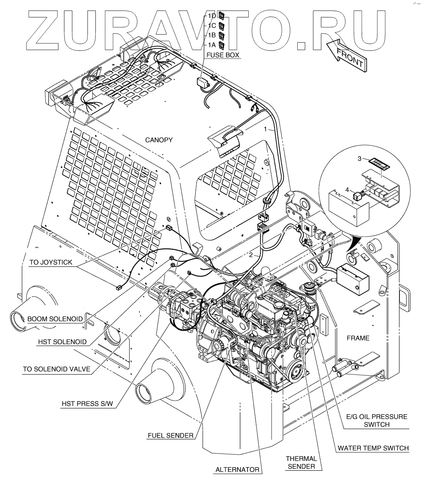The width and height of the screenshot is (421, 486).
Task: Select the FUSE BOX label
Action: click(x=224, y=55)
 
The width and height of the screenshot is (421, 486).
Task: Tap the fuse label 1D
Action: click(x=212, y=16)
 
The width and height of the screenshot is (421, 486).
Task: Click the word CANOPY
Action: click(x=159, y=140)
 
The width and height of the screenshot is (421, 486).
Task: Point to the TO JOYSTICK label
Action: click(x=51, y=262)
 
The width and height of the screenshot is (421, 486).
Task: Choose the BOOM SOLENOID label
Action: click(x=55, y=319)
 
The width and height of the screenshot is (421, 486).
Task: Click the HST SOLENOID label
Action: click(x=62, y=342)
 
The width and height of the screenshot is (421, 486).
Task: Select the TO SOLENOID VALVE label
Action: click(x=56, y=369)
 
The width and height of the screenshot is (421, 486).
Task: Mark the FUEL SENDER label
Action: click(x=170, y=435)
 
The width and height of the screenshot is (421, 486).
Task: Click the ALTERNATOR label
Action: click(x=237, y=470)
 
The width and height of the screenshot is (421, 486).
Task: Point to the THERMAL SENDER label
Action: click(x=301, y=462)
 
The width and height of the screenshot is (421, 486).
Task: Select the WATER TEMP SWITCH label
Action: click(x=373, y=448)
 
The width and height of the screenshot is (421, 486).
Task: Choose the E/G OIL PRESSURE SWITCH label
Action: click(x=376, y=420)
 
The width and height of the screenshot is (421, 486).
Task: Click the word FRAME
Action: click(x=358, y=338)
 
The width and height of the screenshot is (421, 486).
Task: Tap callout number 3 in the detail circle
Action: click(x=360, y=159)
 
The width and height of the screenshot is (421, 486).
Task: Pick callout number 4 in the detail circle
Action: click(x=347, y=190)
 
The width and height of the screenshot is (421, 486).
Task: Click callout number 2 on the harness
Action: click(x=251, y=255)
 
